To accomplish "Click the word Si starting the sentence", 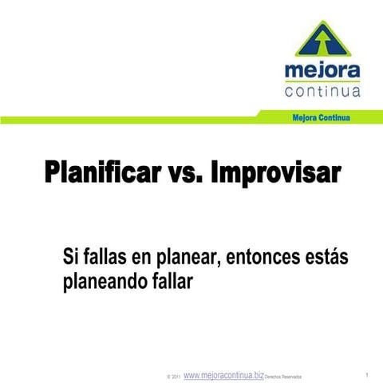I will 69,257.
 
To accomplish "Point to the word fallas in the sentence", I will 108,257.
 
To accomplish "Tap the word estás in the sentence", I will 327,257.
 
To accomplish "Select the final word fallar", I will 168,281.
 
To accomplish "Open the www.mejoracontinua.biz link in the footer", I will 223,374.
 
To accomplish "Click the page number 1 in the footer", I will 365,374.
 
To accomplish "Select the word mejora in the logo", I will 322,73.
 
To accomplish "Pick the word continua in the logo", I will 322,90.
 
